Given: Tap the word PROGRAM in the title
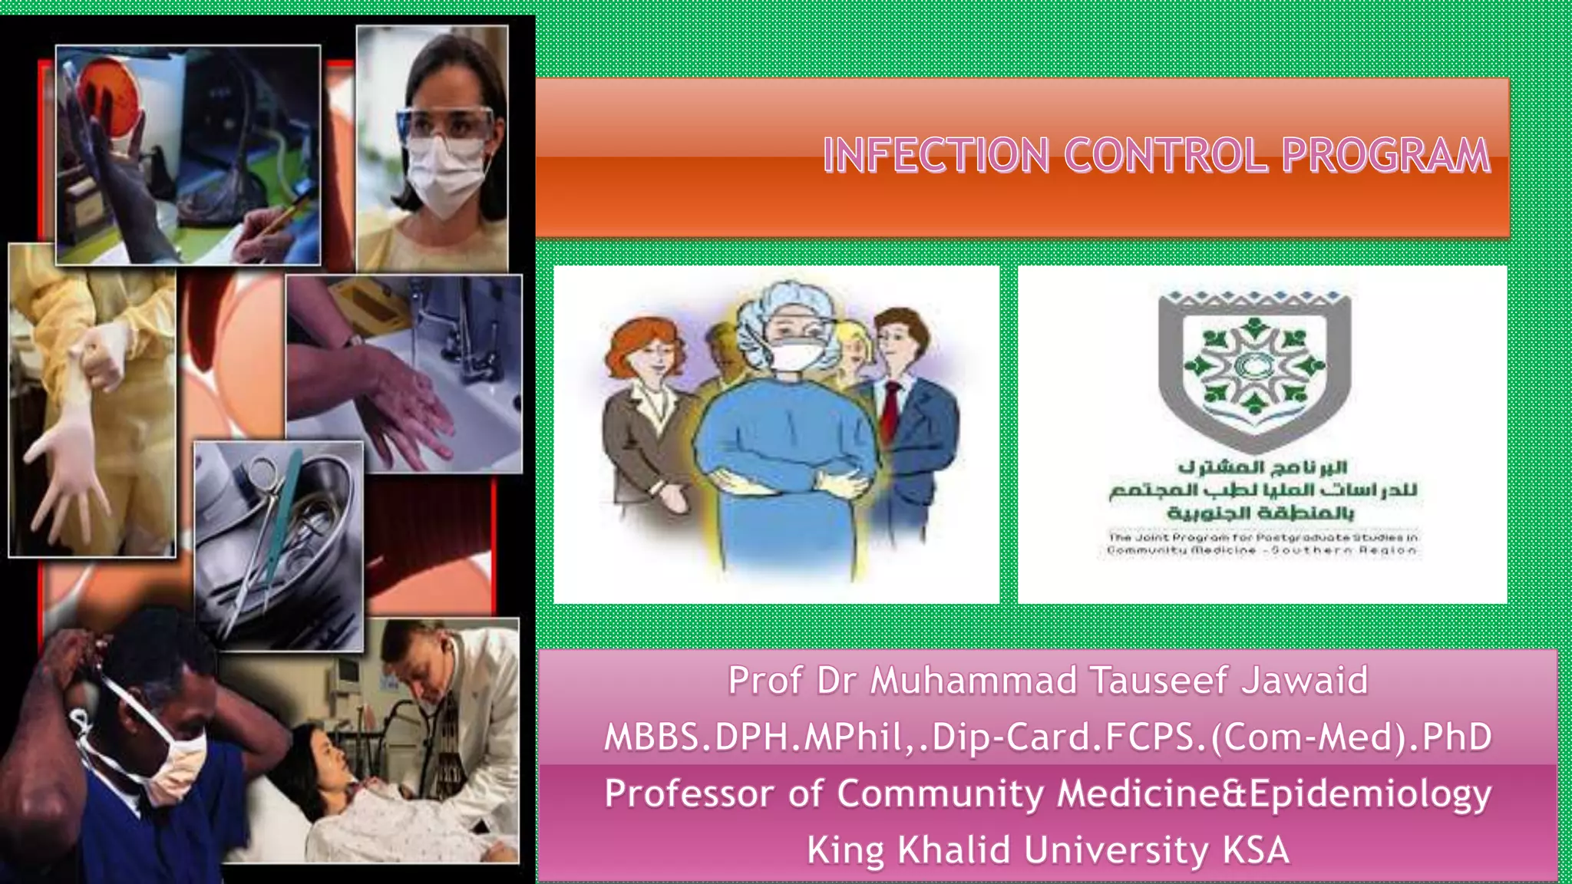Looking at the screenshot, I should [1385, 155].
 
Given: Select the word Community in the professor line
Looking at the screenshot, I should [940, 794].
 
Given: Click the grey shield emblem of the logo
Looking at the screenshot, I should [1254, 368].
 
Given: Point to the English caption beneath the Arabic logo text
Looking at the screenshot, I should [1262, 544].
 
